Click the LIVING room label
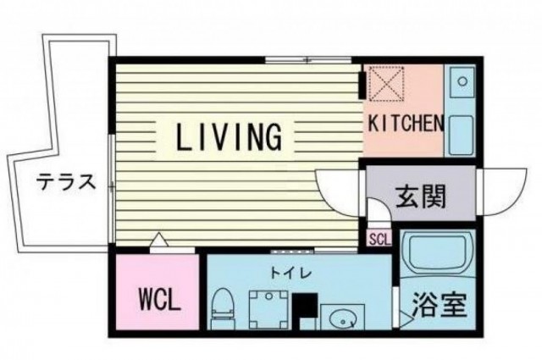tap(229, 137)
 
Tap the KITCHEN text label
tap(406, 123)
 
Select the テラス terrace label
tap(66, 182)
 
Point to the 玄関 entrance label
tap(420, 197)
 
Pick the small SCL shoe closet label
tap(380, 239)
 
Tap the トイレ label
tap(291, 274)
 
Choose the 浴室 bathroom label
tap(440, 305)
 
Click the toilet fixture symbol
tap(223, 308)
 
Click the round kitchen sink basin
tap(462, 81)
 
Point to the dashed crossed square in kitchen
tap(387, 84)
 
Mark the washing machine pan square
tap(268, 310)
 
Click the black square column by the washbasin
tap(305, 305)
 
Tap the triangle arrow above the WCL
tap(158, 240)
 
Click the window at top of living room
tap(308, 60)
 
